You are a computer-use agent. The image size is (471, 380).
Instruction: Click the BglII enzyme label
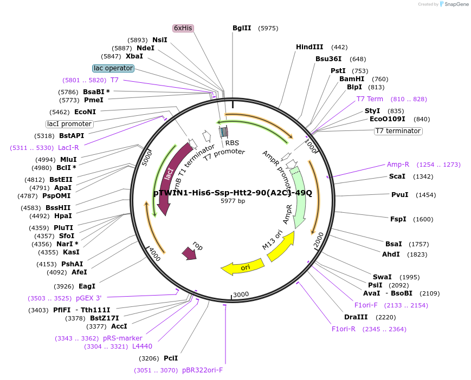pyautogui.click(x=242, y=28)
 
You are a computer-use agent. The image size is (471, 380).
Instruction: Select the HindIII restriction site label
pyautogui.click(x=309, y=47)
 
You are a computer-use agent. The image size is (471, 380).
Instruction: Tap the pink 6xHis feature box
pyautogui.click(x=183, y=28)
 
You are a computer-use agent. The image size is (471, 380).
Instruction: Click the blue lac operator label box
pyautogui.click(x=113, y=68)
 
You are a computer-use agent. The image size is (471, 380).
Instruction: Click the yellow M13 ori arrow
pyautogui.click(x=280, y=246)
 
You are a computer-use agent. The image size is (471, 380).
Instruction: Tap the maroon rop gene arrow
pyautogui.click(x=190, y=252)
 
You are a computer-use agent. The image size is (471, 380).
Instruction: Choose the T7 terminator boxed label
pyautogui.click(x=398, y=131)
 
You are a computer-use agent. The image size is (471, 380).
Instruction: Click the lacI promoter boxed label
pyautogui.click(x=69, y=124)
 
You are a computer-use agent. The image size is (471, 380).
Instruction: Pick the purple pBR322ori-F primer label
pyautogui.click(x=202, y=370)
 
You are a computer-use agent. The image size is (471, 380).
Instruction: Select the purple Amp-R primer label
pyautogui.click(x=398, y=164)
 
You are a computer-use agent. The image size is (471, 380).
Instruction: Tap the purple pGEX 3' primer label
pyautogui.click(x=88, y=298)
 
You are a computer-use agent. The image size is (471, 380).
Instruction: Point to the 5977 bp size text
pyautogui.click(x=233, y=201)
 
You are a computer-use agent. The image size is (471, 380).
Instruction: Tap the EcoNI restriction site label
pyautogui.click(x=85, y=112)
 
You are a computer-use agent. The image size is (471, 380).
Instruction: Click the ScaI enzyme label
pyautogui.click(x=397, y=176)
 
